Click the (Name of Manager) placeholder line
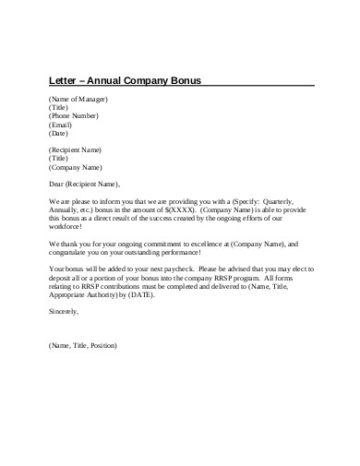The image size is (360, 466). point(78,99)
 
